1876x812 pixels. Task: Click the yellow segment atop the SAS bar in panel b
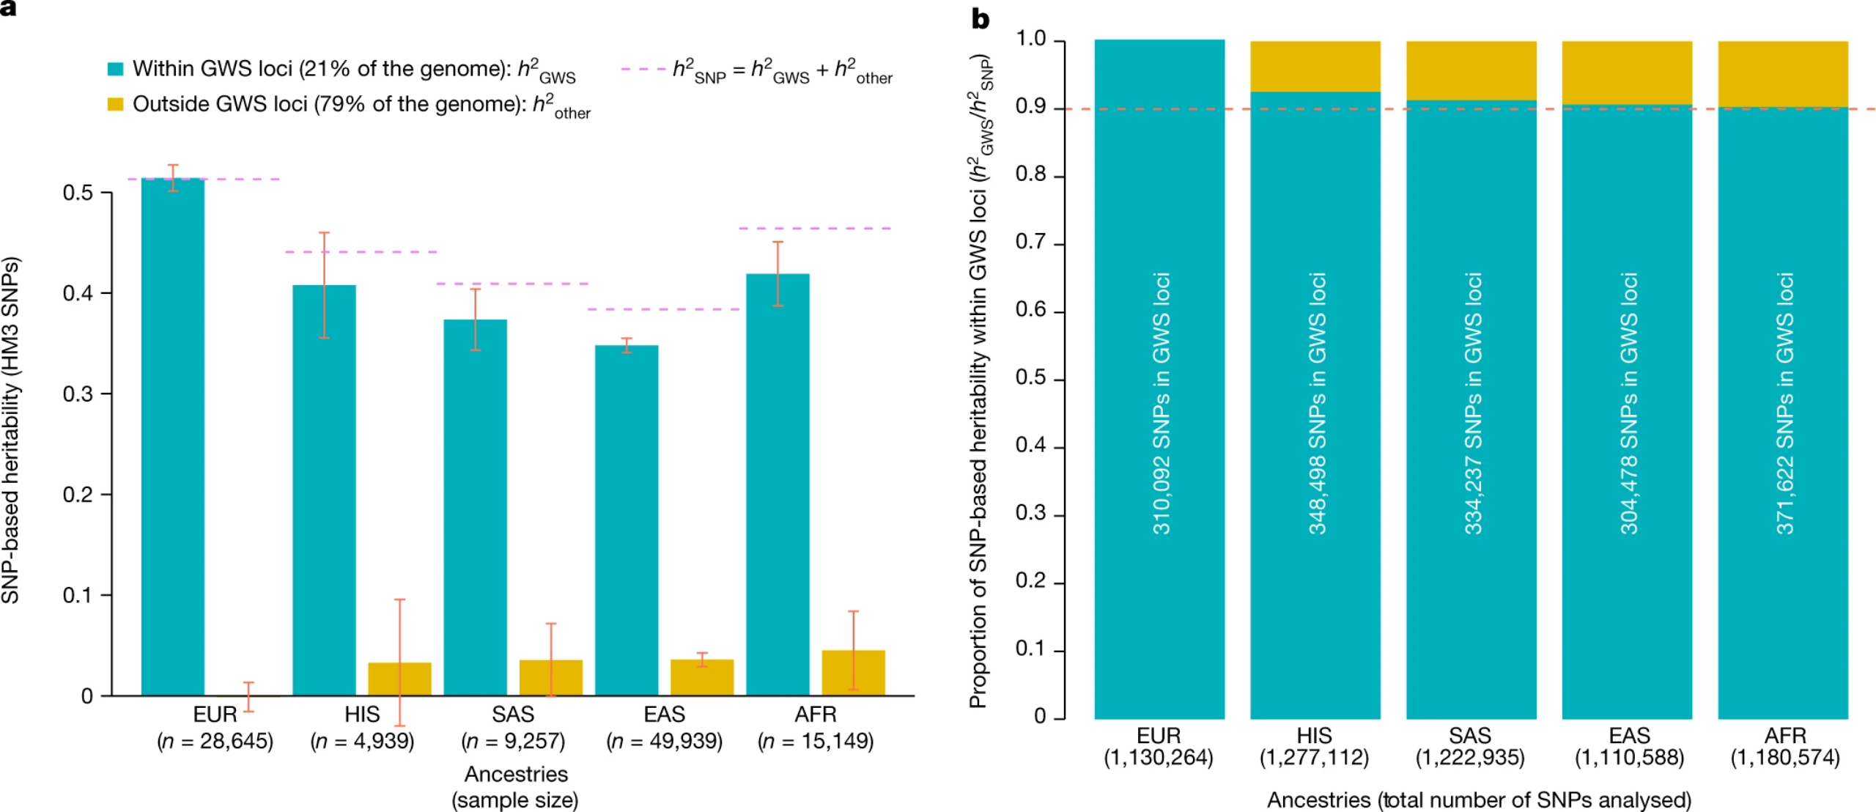(1471, 70)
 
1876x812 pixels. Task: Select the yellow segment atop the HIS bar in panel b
(1315, 66)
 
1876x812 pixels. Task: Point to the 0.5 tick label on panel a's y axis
(78, 193)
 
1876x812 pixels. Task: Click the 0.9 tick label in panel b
(1030, 107)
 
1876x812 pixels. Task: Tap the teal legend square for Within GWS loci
(116, 69)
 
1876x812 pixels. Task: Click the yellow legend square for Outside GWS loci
(116, 104)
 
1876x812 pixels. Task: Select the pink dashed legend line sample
(643, 69)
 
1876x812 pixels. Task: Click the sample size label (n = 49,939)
(665, 741)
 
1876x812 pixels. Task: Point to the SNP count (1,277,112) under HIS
(1314, 758)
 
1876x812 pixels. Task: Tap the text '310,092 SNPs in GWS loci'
(1161, 403)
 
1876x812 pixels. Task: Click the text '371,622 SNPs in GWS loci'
(1784, 403)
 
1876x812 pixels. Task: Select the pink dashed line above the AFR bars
(815, 229)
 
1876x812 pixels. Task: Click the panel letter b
(981, 19)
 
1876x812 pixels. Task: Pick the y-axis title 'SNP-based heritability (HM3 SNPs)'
(11, 430)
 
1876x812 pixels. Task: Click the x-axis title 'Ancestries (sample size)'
(516, 786)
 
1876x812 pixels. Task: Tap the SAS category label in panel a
(513, 714)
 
